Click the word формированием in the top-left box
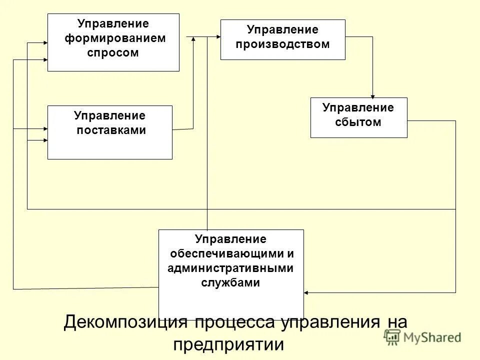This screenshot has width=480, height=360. point(115,38)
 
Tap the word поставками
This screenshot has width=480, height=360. point(111,130)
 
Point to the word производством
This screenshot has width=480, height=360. point(283,44)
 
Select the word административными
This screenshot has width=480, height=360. point(230,268)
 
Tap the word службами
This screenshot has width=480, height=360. point(230,282)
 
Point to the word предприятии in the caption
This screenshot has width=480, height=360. point(228,344)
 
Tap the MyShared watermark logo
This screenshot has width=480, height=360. point(423,337)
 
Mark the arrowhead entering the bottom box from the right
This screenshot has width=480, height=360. point(306,292)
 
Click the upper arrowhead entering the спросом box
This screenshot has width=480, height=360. point(44,43)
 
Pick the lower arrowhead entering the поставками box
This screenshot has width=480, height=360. point(44,141)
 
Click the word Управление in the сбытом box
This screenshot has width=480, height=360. point(358,107)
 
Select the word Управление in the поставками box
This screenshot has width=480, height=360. point(109,115)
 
